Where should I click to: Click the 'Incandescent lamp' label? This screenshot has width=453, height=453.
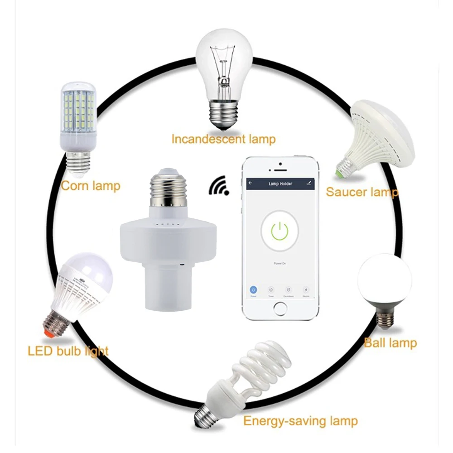(x=223, y=139)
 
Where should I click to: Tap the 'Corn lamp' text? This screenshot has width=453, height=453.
(x=91, y=186)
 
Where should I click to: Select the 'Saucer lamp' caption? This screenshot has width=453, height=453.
(x=362, y=192)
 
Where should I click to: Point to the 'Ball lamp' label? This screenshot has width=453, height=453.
(x=390, y=342)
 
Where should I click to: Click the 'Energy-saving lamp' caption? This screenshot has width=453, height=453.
(x=300, y=421)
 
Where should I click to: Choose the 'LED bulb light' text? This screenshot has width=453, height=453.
(x=68, y=351)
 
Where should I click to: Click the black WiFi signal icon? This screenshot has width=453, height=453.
(x=219, y=185)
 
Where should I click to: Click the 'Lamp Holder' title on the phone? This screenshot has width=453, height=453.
(x=280, y=184)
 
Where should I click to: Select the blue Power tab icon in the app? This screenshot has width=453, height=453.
(x=253, y=289)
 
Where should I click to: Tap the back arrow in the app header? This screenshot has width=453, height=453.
(x=250, y=183)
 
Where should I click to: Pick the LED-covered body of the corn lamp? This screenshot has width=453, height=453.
(x=78, y=109)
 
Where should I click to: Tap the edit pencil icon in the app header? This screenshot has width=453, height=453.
(x=309, y=183)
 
